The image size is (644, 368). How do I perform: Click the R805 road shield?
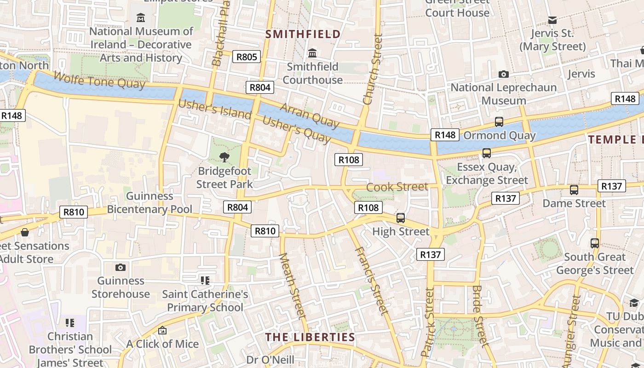pos(247,57)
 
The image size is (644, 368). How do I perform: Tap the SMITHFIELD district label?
pos(303,34)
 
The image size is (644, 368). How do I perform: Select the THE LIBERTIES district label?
pos(310,337)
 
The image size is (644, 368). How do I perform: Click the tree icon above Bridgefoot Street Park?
pos(224,157)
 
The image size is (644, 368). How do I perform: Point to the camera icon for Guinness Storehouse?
pos(121,267)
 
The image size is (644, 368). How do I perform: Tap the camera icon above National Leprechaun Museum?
pos(504,74)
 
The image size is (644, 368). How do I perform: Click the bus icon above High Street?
pos(401,218)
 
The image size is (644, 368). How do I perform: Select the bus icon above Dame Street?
pos(574,190)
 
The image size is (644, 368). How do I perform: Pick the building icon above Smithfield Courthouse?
pos(313,53)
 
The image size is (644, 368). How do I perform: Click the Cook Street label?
pos(397,187)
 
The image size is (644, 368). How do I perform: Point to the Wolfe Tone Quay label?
pos(99,80)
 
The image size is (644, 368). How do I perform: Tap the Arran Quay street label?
pos(310,115)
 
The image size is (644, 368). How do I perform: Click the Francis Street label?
pos(372,281)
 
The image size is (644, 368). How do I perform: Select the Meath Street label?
pos(293,285)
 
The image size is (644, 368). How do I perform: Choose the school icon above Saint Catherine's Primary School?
pos(205,280)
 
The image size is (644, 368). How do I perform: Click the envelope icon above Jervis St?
pos(552,20)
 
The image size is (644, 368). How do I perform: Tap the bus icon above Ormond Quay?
pos(499,122)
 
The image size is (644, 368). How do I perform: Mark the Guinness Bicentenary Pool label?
pos(149,202)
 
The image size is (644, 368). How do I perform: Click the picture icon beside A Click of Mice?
pos(162,330)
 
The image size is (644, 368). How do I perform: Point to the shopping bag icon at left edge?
pos(25,232)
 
